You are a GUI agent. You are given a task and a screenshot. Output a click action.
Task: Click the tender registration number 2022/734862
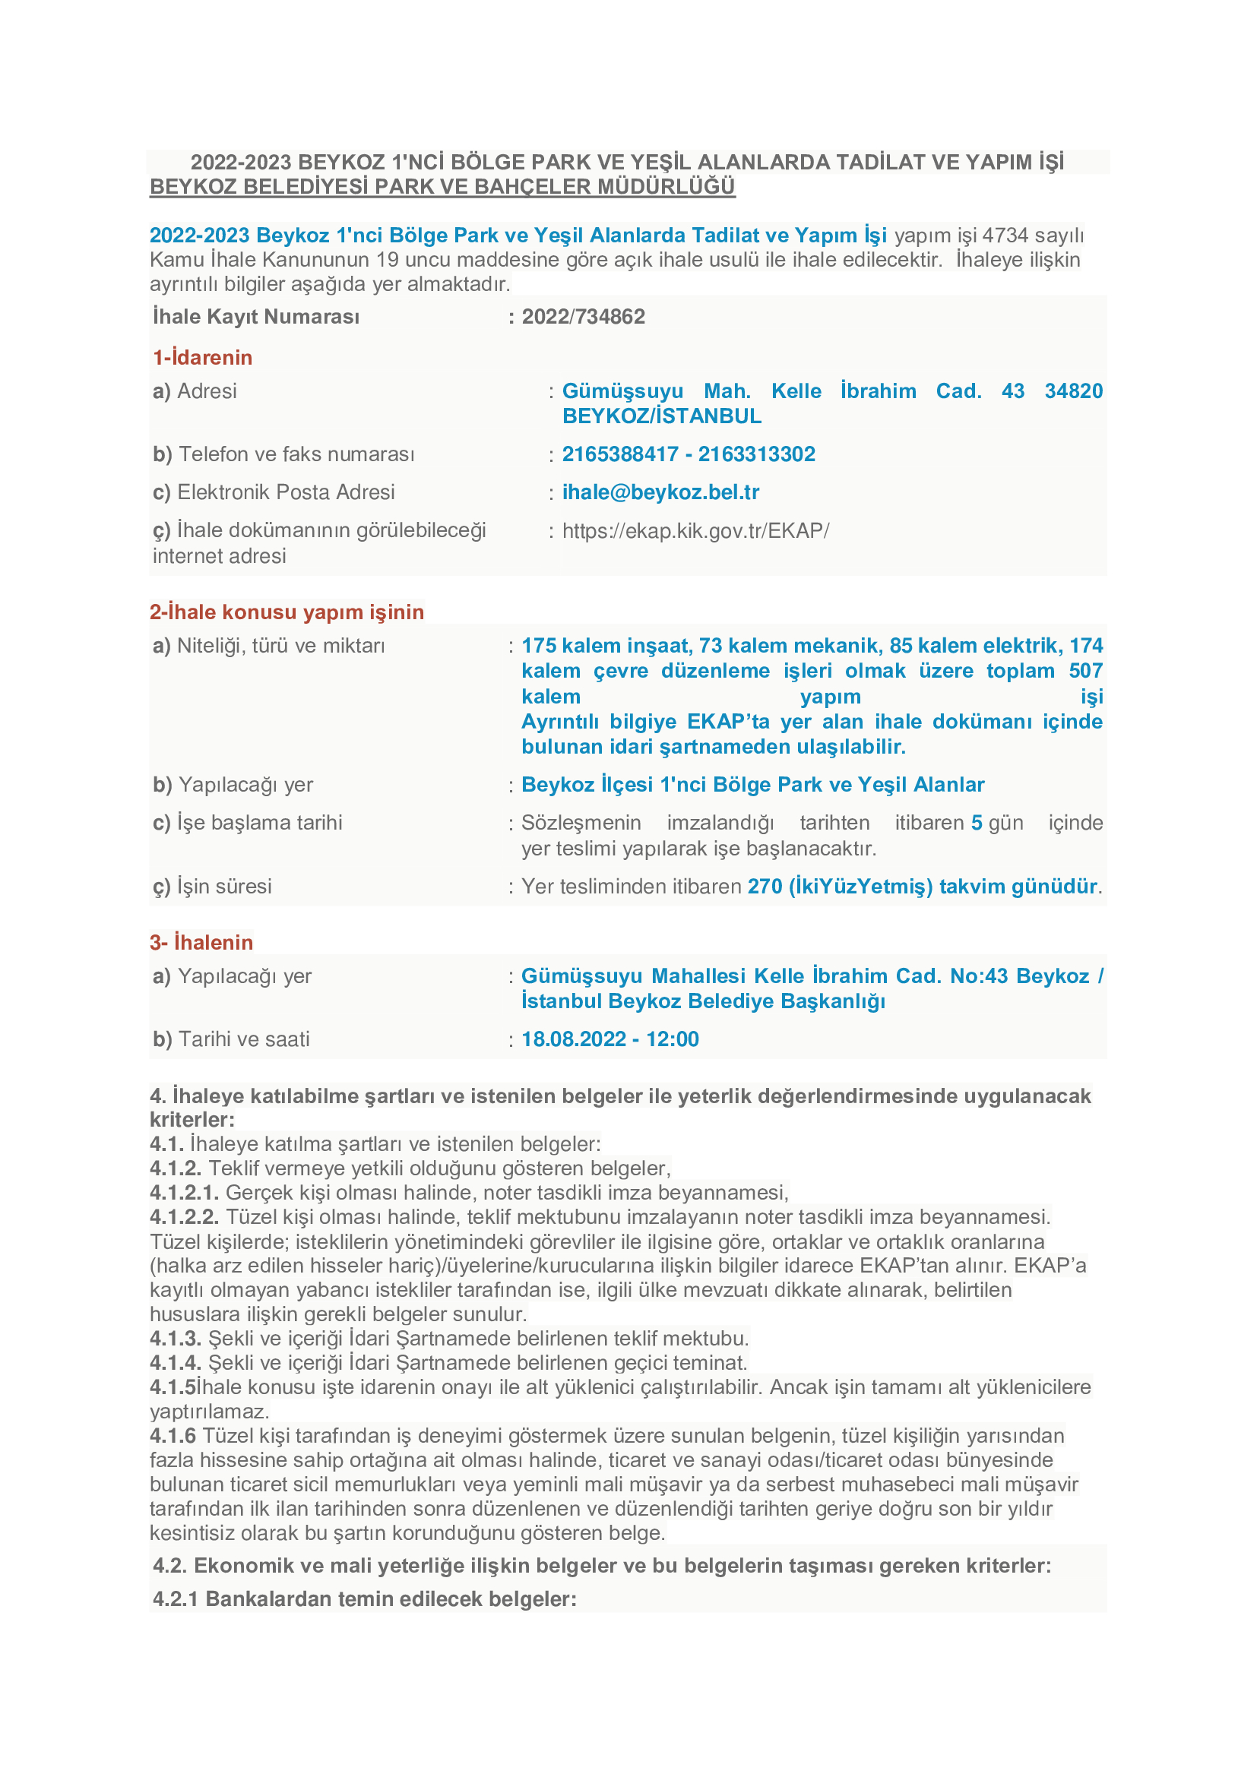coord(583,317)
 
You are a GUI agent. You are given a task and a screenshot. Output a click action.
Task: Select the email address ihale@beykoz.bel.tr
coord(660,492)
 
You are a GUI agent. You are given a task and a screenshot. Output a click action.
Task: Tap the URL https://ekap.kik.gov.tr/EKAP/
coord(695,531)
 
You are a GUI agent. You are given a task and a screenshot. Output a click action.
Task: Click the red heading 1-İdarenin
coord(203,358)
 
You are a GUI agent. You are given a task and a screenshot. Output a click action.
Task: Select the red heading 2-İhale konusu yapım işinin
coord(287,612)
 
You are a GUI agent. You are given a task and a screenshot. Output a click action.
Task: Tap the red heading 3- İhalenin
coord(201,943)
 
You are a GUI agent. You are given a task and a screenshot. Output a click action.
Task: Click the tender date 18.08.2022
coord(574,1039)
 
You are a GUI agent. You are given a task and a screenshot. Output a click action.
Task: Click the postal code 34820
coord(1073,390)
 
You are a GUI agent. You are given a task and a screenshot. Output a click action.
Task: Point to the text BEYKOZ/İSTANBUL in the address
coord(662,416)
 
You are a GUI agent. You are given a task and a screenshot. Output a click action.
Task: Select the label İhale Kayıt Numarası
coord(256,317)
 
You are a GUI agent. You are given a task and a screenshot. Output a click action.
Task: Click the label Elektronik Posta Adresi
coord(286,492)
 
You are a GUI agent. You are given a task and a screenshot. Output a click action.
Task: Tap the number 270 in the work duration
coord(765,886)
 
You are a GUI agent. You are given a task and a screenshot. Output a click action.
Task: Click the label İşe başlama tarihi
coord(259,823)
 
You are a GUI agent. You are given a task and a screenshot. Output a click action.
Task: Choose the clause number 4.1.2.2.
coord(184,1216)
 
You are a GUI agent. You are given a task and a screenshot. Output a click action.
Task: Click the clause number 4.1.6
coord(173,1436)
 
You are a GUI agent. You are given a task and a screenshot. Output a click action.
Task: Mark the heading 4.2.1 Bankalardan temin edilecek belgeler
coord(364,1598)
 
